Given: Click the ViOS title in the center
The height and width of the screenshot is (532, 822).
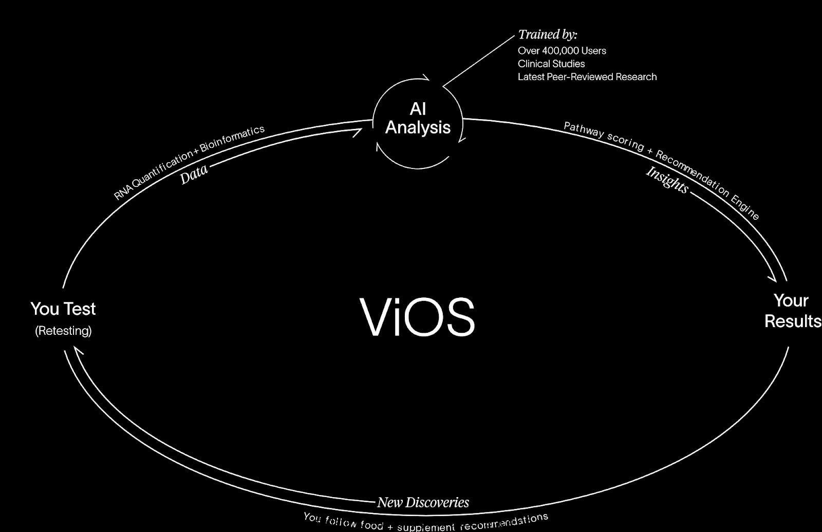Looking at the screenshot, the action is point(418,316).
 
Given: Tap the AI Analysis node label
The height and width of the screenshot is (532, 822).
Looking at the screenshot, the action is point(418,118).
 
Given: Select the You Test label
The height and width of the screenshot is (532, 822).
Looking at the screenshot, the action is point(63,309).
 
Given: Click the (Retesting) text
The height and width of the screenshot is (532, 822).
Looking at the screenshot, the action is point(63,331).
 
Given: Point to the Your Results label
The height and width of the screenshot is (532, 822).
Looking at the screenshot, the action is point(792,311).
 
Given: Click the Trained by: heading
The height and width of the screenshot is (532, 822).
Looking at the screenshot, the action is point(548,35).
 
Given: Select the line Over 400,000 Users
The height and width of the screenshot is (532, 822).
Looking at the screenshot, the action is point(562,51).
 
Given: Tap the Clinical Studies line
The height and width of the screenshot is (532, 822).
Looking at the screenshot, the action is point(551,64).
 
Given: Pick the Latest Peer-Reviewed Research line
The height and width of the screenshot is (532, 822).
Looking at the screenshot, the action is point(587,77).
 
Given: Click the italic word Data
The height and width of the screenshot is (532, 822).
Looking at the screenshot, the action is point(194,174).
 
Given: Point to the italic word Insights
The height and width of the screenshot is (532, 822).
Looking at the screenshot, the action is point(667,179).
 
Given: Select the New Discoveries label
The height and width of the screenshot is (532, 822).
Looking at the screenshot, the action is point(423,502).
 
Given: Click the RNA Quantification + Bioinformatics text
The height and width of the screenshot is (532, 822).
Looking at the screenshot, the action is point(189,162).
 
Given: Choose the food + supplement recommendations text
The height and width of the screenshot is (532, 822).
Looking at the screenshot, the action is point(426,522).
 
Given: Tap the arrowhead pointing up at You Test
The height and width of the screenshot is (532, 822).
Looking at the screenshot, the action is point(78,350).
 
